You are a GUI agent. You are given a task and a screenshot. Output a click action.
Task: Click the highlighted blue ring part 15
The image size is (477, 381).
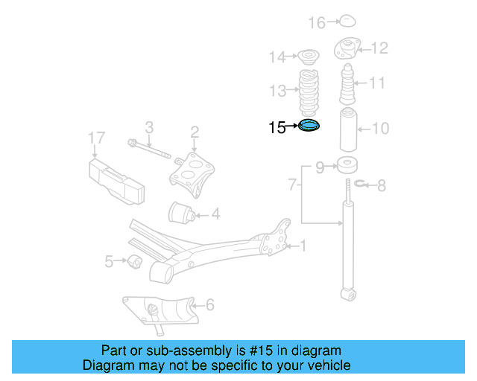(x=309, y=127)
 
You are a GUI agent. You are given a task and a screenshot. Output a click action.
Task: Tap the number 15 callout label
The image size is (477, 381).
(x=277, y=127)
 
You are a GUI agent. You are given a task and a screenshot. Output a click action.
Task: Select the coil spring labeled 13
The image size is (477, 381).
(x=309, y=92)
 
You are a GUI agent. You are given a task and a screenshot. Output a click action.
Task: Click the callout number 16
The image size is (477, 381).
(x=317, y=23)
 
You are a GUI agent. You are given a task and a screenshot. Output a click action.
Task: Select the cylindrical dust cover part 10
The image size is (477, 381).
(x=348, y=129)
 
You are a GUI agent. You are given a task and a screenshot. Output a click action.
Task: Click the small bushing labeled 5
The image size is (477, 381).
(x=134, y=261)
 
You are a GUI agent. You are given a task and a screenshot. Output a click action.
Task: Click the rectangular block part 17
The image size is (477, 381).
(x=116, y=179)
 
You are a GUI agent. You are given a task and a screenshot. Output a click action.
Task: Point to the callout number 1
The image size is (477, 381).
(x=303, y=246)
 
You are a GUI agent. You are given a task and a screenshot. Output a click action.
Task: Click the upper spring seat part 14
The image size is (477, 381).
(x=306, y=56)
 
